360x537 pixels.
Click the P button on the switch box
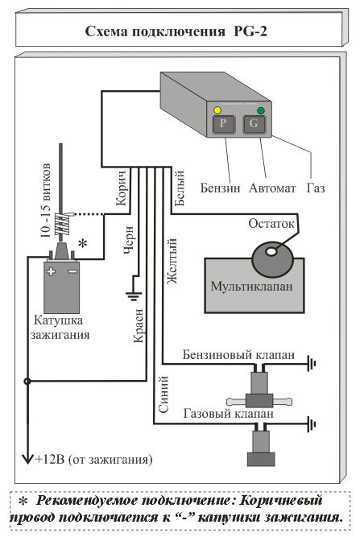coord(223,124)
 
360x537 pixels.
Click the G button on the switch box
coord(254,124)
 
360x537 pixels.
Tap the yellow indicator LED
coord(217,110)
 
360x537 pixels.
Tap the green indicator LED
coord(261,110)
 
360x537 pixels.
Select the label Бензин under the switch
coord(220,188)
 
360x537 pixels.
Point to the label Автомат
coord(272,188)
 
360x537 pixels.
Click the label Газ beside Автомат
coord(316,188)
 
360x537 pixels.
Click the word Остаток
coord(271,224)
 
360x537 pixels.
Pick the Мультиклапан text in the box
coord(252,287)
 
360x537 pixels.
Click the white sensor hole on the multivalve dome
coord(271,252)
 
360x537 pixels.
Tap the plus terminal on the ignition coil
coord(51,271)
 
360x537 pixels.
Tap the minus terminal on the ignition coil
coord(72,271)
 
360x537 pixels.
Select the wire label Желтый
coord(172,262)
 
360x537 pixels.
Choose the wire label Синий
coord(163,394)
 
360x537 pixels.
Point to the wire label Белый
coord(180,188)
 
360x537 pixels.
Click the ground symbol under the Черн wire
coord(134,295)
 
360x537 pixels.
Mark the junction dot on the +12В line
coord(27,381)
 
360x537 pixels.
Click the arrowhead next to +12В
coord(27,459)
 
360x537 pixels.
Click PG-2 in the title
coord(250,31)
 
